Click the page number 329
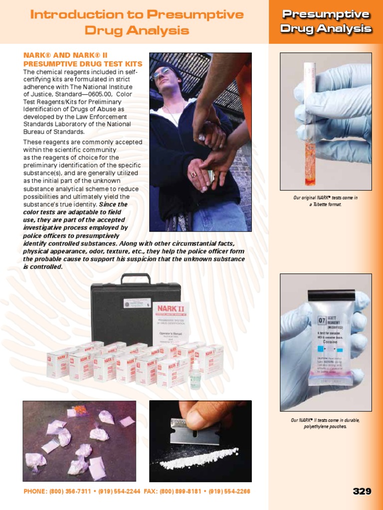(362, 491)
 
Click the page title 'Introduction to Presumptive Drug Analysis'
(137, 22)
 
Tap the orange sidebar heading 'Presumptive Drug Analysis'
(326, 21)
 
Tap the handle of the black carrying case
(136, 277)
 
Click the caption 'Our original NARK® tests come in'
(325, 198)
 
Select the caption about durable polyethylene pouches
(325, 423)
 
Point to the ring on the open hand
(193, 174)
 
